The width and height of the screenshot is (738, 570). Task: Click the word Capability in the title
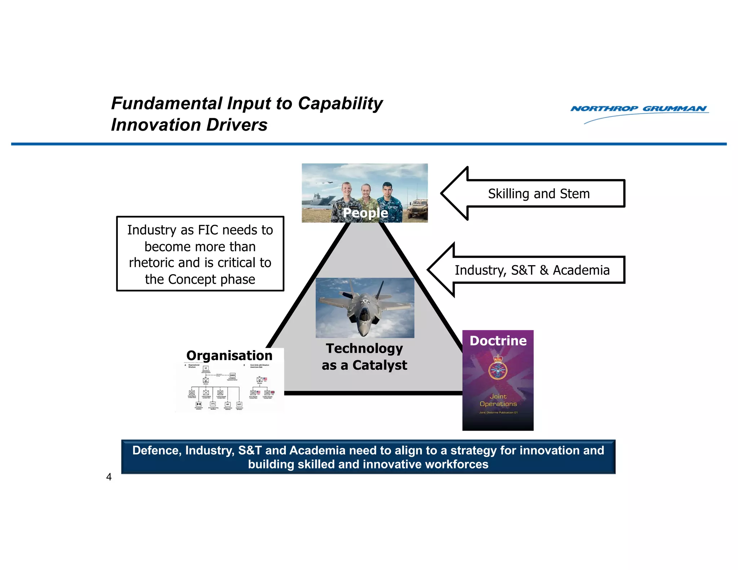click(340, 104)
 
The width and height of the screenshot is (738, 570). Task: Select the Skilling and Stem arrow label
click(538, 194)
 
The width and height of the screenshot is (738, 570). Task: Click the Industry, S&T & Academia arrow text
click(532, 270)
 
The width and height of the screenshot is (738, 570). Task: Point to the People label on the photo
click(365, 213)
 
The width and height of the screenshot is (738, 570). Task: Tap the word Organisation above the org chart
click(229, 356)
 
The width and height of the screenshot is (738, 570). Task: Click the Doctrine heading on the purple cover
click(498, 341)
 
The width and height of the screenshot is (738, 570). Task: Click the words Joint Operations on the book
click(498, 400)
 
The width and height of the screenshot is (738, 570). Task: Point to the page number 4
click(109, 477)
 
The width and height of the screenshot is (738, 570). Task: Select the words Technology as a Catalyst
click(364, 357)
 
